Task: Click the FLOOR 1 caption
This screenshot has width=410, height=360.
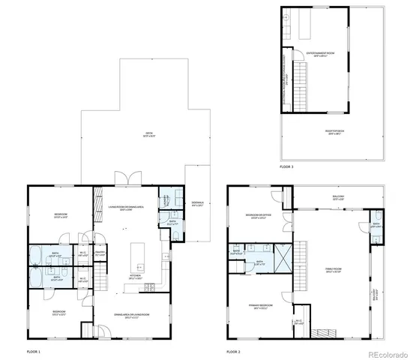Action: (x=34, y=351)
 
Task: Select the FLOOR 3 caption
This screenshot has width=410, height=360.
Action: (x=287, y=166)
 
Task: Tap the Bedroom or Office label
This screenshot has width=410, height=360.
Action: (x=258, y=216)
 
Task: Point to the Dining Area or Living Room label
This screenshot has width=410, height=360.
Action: (x=132, y=314)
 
